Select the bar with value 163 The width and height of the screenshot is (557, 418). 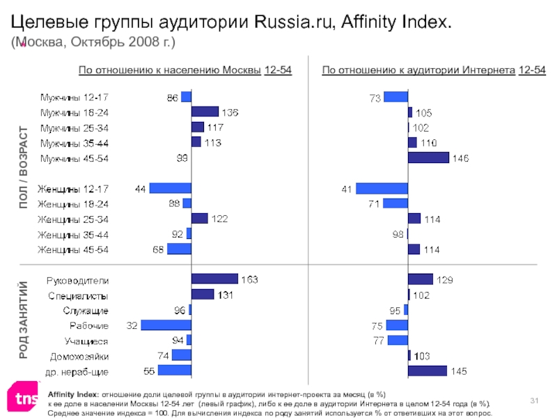(214, 279)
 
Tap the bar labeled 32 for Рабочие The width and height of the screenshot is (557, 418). (166, 325)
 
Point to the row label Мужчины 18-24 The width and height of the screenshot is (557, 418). (74, 112)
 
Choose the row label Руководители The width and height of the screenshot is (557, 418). (77, 280)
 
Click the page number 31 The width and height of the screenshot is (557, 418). (535, 398)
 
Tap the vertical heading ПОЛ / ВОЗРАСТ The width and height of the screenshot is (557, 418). (24, 167)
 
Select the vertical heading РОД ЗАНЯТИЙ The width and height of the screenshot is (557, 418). (24, 319)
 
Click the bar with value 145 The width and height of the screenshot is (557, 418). (427, 371)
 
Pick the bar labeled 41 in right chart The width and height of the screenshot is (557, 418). (382, 188)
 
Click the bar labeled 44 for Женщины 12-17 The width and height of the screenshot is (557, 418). (170, 188)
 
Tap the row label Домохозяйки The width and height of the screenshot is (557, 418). (79, 355)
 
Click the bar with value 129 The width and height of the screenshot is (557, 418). (421, 279)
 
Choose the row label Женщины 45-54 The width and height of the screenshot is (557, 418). (74, 249)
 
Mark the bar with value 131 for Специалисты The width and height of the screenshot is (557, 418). (202, 295)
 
